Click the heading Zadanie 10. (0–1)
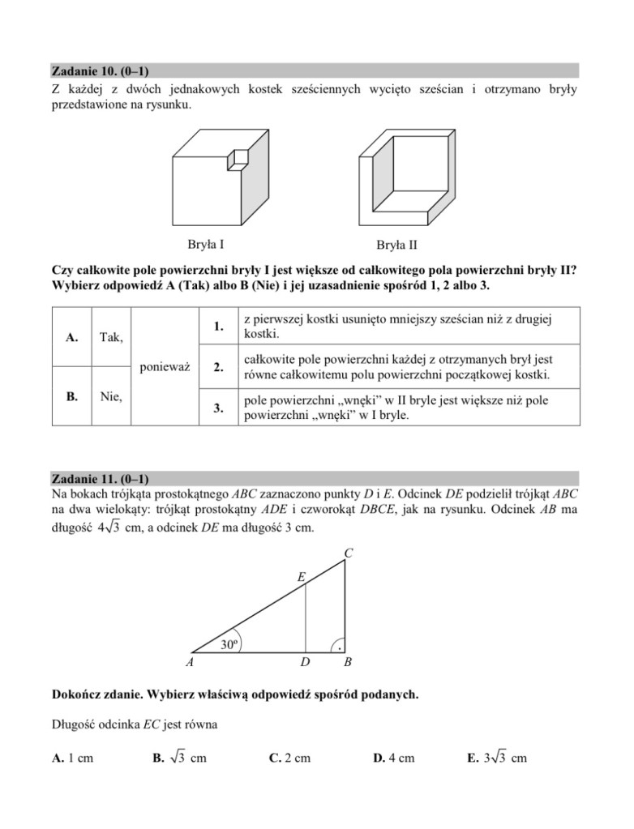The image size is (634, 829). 100,71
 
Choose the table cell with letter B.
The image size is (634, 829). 72,396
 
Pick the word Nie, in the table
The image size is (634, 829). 111,396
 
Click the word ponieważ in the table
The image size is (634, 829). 165,366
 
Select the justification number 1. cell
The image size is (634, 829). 218,327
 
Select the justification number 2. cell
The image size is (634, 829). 218,366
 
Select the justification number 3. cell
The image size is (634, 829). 218,408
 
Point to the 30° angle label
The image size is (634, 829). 229,645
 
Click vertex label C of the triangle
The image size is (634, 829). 348,553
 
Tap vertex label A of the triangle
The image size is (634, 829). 189,663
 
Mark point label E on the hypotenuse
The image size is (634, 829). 302,577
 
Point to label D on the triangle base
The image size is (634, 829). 305,663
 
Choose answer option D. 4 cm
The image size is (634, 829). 393,758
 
